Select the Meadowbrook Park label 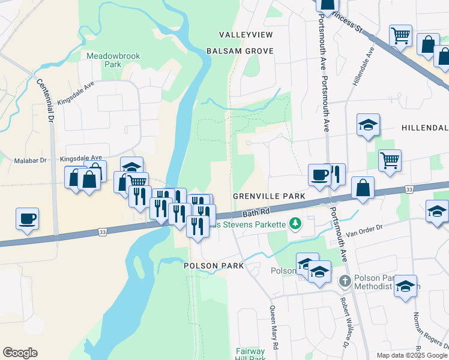click(113, 59)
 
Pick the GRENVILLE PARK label click(269, 196)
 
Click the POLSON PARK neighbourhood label click(214, 265)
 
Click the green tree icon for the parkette click(295, 224)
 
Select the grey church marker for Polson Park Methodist click(345, 281)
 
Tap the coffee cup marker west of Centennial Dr click(28, 218)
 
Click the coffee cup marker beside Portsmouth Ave click(319, 175)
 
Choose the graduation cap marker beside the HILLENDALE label click(367, 125)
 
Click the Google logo click(20, 353)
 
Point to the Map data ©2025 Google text click(411, 355)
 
